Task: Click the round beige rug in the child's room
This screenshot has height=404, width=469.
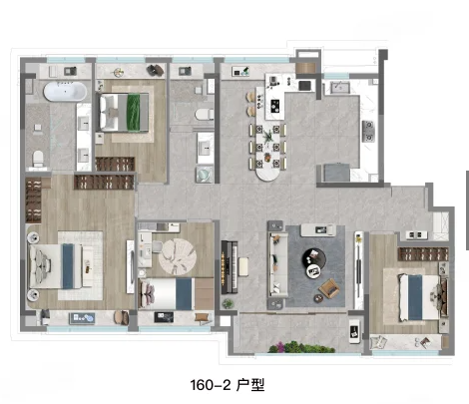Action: tap(181, 256)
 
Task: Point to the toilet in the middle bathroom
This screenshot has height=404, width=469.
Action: tap(205, 116)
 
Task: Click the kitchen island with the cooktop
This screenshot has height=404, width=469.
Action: tap(269, 101)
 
